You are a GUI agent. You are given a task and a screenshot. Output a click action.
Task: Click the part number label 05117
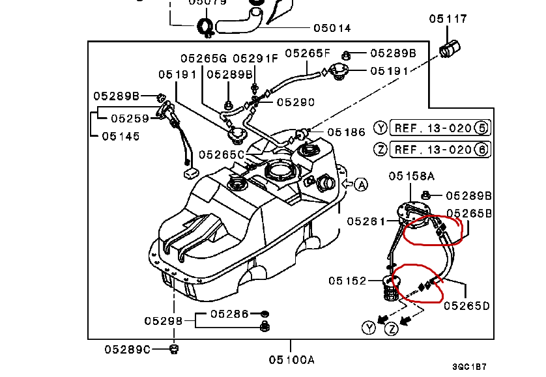[448, 20]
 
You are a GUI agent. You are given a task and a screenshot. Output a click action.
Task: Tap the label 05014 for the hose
[332, 28]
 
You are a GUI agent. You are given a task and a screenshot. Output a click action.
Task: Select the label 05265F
[308, 53]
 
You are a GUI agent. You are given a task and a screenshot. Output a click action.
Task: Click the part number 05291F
[255, 58]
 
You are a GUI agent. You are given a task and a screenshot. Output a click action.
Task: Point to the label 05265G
[203, 58]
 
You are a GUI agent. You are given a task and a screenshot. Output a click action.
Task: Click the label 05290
[295, 102]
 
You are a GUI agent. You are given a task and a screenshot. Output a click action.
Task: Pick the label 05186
[346, 132]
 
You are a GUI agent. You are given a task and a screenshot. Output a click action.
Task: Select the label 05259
[129, 119]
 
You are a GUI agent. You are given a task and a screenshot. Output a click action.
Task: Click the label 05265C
[222, 154]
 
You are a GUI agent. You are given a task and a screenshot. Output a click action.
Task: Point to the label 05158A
[412, 175]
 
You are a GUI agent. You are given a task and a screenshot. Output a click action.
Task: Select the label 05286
[229, 314]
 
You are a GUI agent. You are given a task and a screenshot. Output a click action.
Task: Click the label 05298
[164, 320]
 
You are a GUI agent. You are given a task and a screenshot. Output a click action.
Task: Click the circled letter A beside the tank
[362, 184]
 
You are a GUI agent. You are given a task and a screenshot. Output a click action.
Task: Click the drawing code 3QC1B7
[470, 367]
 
